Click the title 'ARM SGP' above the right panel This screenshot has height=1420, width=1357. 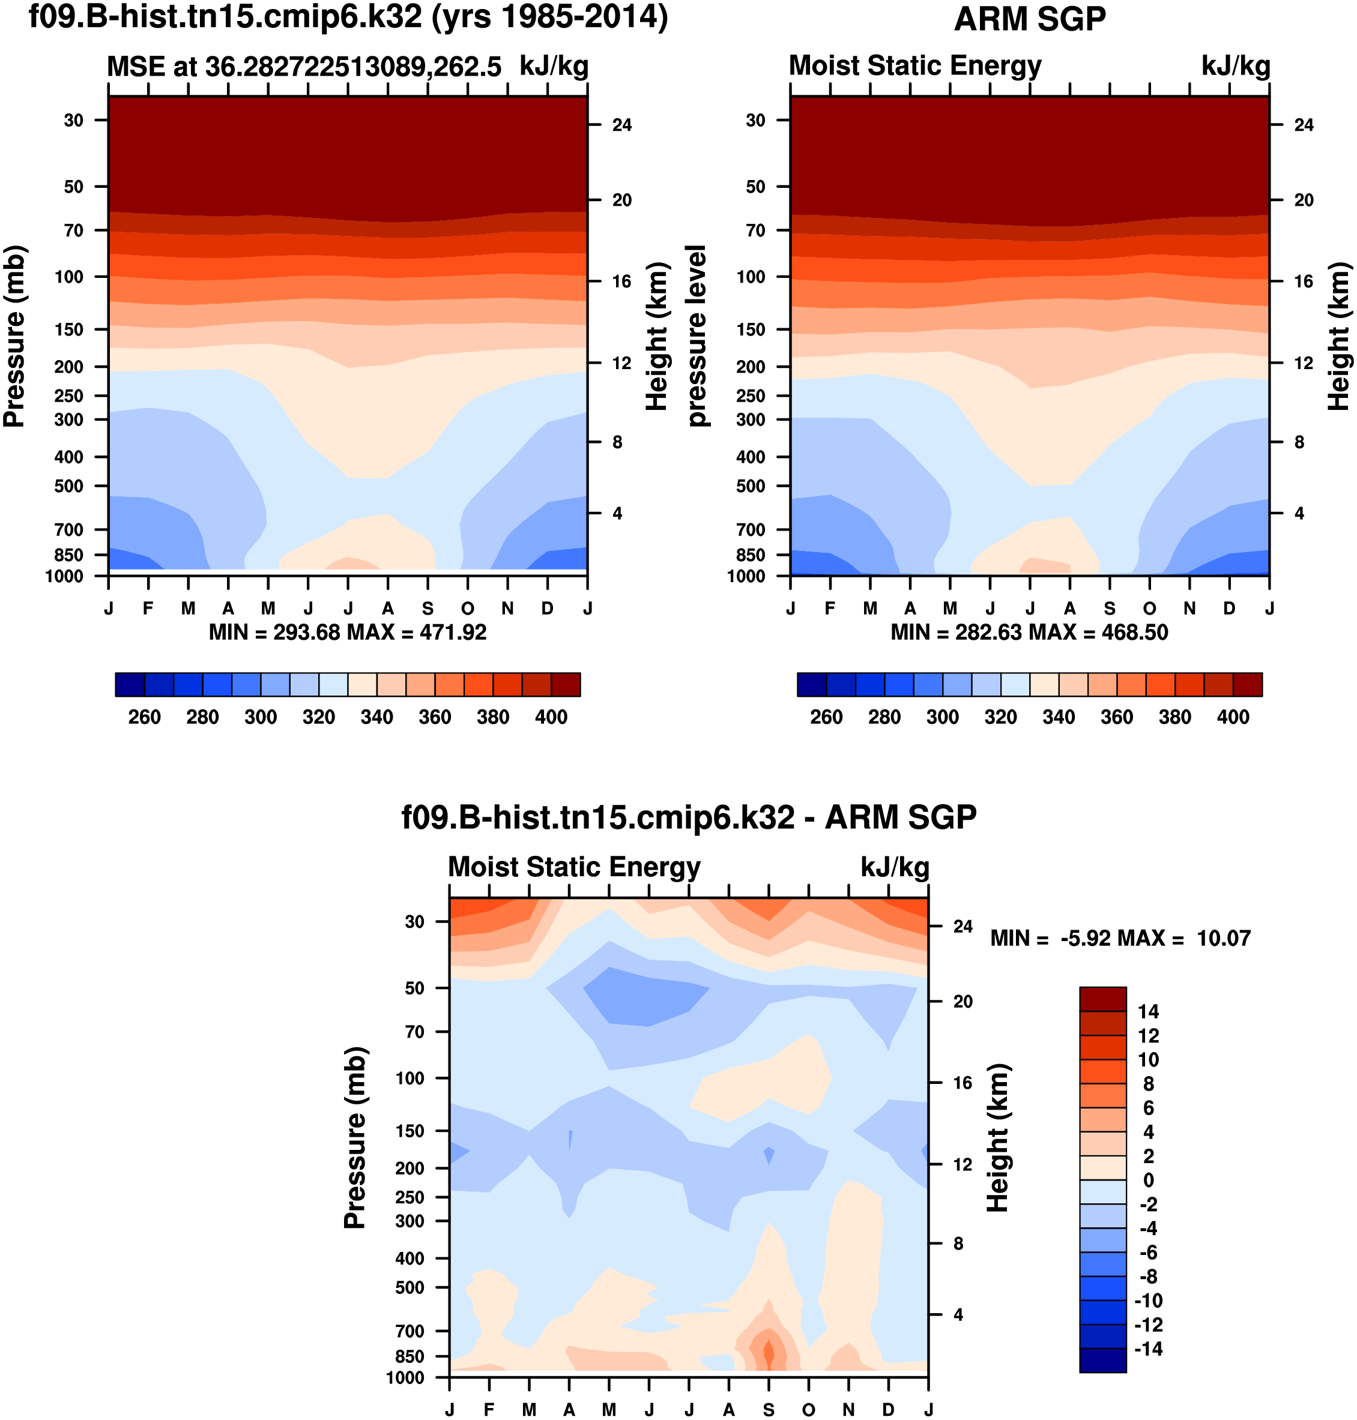click(x=1029, y=20)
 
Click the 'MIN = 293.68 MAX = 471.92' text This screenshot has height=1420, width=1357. click(x=347, y=633)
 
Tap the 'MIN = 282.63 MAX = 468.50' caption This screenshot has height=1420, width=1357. click(x=1029, y=633)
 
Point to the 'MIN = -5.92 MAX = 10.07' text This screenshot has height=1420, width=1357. click(x=1120, y=939)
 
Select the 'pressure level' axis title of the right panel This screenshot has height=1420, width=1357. click(x=696, y=335)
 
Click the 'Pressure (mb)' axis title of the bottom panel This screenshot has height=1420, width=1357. click(x=354, y=1137)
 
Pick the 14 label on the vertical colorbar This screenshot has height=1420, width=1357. click(x=1148, y=1011)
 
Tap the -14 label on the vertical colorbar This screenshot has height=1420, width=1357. click(x=1148, y=1349)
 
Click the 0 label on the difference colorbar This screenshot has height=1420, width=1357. click(x=1148, y=1180)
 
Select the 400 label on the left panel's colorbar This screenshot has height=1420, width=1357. click(x=551, y=717)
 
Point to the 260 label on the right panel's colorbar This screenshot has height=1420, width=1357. click(x=826, y=717)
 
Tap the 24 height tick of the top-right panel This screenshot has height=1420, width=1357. click(x=1304, y=125)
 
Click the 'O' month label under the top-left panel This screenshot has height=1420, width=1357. click(x=468, y=609)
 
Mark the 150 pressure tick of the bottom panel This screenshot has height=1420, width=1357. click(x=410, y=1131)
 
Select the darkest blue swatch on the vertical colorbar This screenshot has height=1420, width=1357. click(x=1102, y=1361)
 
